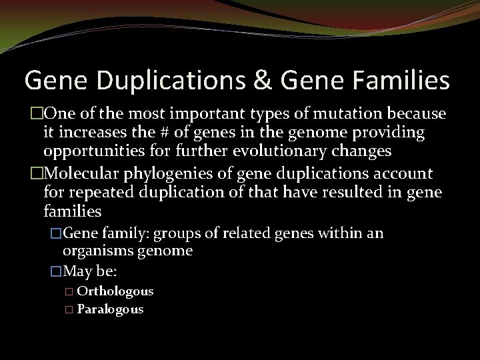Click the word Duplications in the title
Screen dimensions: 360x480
coord(164,81)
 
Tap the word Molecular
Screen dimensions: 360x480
coord(74,174)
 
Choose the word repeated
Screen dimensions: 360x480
coord(94,193)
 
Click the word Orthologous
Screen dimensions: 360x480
coord(115,291)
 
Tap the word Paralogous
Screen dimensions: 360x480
coord(110,309)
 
